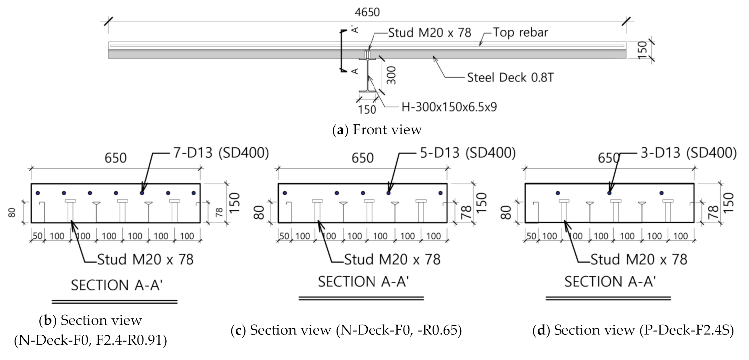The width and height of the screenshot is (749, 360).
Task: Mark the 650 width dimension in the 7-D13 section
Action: click(115, 159)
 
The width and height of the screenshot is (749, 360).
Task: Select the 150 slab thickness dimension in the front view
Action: click(643, 50)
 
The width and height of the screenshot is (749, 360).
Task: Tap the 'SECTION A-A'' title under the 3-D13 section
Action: click(610, 282)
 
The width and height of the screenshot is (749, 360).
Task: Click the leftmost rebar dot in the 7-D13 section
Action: click(38, 193)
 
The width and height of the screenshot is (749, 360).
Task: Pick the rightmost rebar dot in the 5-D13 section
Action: click(440, 193)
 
